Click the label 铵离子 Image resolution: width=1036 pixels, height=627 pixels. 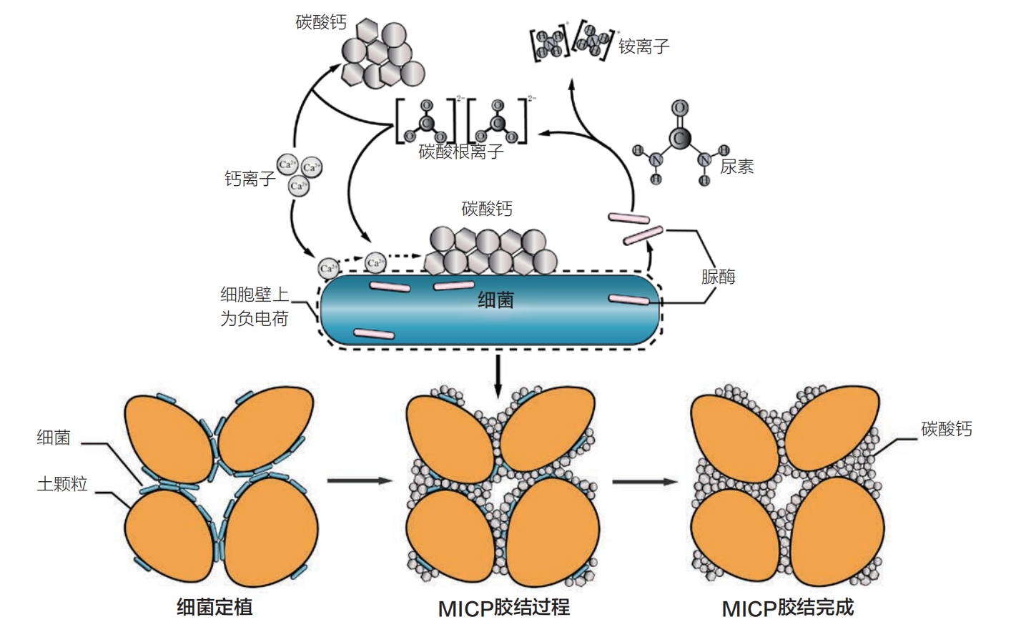643,47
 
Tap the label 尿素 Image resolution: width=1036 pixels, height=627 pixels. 736,167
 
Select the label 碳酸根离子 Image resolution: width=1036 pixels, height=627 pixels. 461,152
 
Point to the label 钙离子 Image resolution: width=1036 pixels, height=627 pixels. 250,179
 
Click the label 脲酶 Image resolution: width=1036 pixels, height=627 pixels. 718,277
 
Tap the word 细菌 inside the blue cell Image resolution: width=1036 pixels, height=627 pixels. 495,300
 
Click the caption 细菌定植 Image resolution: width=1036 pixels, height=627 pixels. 214,608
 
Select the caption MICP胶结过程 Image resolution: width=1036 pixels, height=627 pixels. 503,608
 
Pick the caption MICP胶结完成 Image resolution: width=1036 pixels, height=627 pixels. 787,608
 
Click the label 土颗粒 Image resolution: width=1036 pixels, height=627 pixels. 62,484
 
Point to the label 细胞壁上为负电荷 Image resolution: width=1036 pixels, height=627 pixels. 254,307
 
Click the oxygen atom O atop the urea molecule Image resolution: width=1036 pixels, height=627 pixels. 680,108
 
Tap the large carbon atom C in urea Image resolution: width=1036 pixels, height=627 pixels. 680,138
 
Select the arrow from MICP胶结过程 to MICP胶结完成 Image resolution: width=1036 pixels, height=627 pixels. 644,481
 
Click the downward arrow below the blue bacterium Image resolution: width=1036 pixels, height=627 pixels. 498,375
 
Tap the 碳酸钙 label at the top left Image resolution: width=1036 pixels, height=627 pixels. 321,23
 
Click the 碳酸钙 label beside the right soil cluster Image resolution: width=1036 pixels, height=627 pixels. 946,429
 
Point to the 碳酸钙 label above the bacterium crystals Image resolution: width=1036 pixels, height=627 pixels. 487,209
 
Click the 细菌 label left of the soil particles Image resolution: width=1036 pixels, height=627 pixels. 54,438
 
